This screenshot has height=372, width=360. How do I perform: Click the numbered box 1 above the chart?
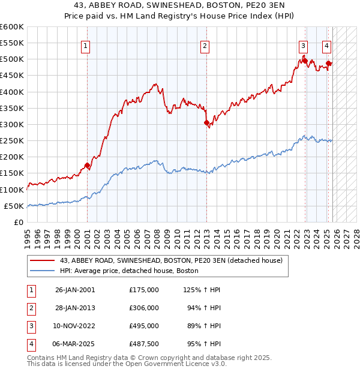pos(86,46)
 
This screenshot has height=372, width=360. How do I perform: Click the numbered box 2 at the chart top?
pos(205,46)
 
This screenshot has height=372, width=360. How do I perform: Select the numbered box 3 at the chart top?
pos(304,46)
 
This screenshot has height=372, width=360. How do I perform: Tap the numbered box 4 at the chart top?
pos(326,46)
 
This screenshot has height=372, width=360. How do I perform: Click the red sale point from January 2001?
pos(87,165)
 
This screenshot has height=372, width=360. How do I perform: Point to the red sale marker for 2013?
pos(206,122)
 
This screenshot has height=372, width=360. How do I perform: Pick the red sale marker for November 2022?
pos(305,61)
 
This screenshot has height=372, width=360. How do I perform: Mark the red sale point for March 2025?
pos(328,63)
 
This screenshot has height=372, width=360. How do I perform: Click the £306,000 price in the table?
pos(144,308)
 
